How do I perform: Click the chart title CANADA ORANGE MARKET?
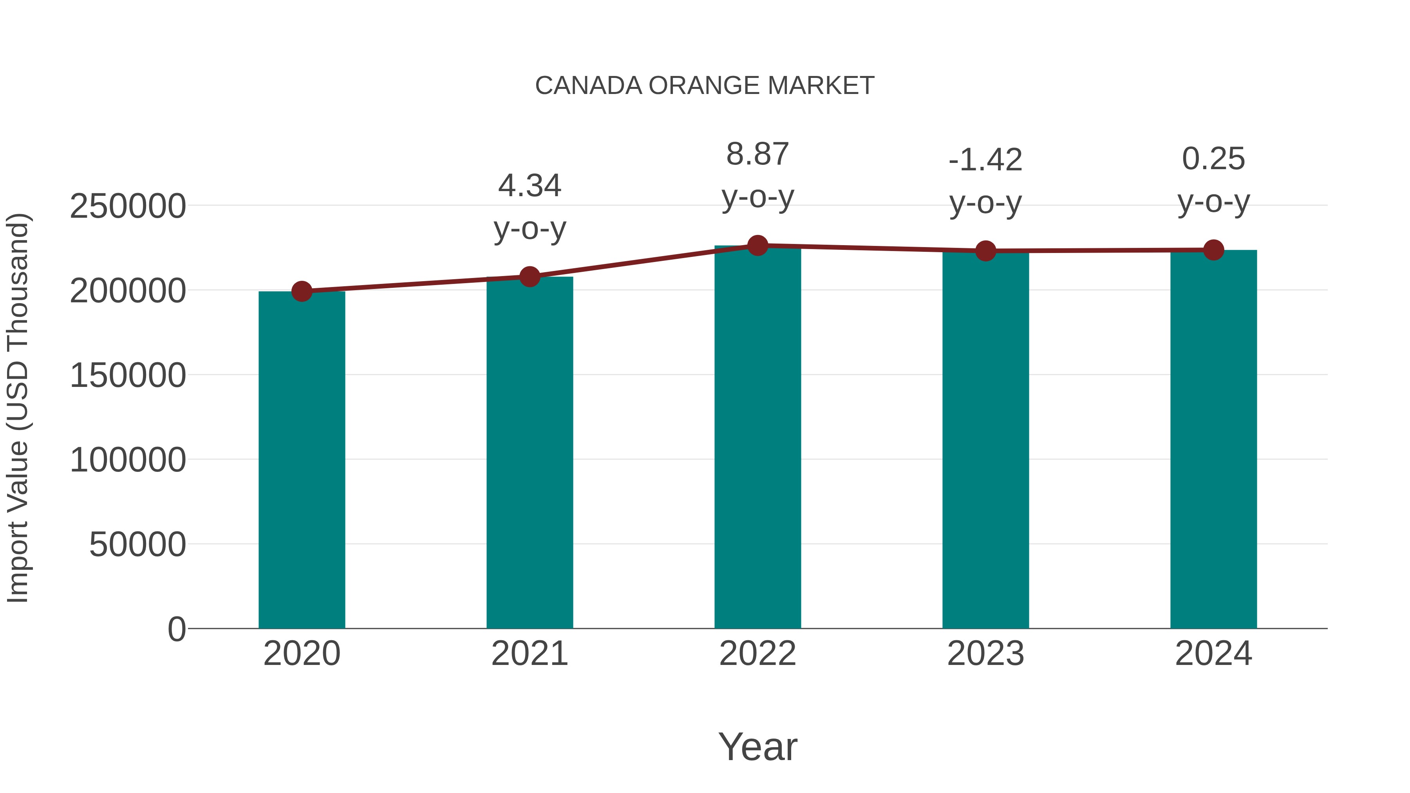(705, 86)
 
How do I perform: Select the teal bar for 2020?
(302, 460)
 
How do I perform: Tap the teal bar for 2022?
(757, 438)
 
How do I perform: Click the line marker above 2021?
(529, 277)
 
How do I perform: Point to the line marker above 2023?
(985, 251)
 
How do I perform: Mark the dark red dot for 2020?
(302, 291)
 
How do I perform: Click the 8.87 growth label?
(757, 154)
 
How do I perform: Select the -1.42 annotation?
(985, 160)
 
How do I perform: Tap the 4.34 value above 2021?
(529, 186)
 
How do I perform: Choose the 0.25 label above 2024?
(1213, 159)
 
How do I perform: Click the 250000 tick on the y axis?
(128, 207)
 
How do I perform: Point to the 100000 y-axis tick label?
(128, 460)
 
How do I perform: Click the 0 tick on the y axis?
(177, 629)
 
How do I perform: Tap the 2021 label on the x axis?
(529, 654)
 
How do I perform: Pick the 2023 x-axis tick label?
(985, 654)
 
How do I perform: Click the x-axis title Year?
(757, 747)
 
